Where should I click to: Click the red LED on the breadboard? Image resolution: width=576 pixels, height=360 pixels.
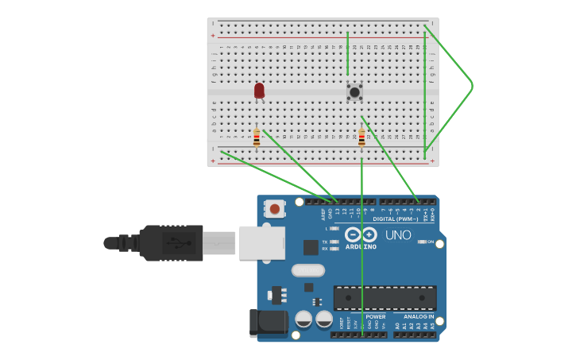click(259, 91)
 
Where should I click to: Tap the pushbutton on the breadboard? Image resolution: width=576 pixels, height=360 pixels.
click(354, 91)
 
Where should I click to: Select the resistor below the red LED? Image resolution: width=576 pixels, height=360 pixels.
click(257, 137)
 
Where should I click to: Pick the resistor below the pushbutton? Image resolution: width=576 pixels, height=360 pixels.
click(361, 138)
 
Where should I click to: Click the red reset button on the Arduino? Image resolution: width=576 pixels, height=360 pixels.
click(274, 209)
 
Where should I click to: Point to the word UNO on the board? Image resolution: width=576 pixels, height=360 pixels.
click(398, 235)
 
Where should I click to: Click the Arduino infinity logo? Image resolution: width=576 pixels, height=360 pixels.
click(361, 234)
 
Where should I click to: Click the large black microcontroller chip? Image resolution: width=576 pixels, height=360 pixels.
click(385, 298)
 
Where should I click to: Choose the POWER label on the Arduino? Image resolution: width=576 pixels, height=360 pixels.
click(375, 316)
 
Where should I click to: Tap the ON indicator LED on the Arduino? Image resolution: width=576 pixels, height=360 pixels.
click(421, 242)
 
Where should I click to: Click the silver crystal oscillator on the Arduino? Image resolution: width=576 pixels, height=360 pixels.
click(307, 270)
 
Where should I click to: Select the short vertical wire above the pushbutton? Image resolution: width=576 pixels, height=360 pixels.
click(347, 54)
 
